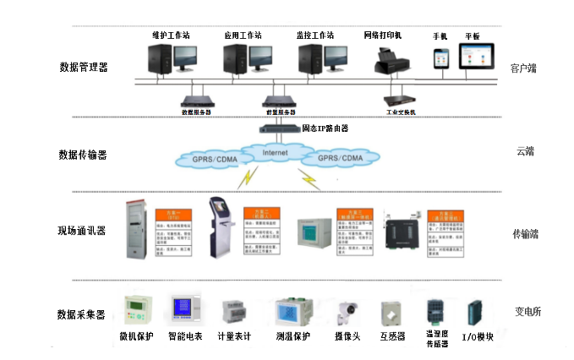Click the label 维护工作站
click(x=170, y=35)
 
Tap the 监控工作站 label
click(x=315, y=35)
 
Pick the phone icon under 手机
click(x=440, y=57)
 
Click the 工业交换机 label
click(x=401, y=111)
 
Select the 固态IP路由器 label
click(x=325, y=128)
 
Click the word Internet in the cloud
click(x=276, y=153)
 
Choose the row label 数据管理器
click(x=83, y=67)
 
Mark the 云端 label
click(x=525, y=151)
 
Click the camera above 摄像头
click(x=346, y=312)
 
